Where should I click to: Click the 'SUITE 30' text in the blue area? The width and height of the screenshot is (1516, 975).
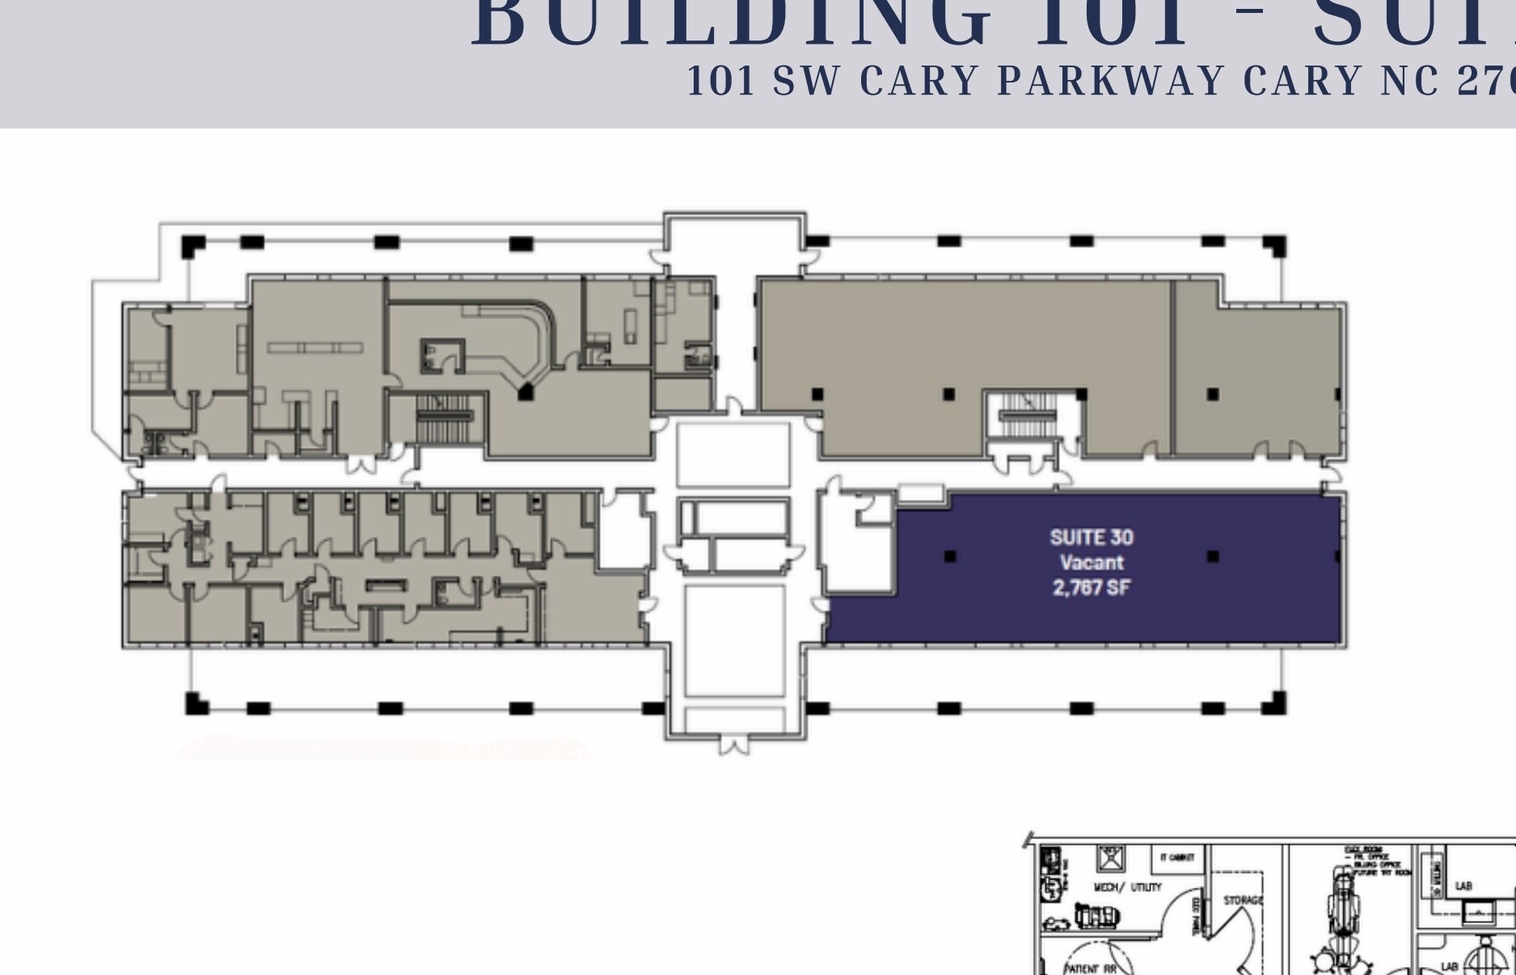[x=1091, y=538]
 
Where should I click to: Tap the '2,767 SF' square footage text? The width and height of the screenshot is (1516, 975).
[x=1091, y=588]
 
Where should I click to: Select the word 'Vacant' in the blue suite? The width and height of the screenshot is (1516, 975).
[x=1091, y=563]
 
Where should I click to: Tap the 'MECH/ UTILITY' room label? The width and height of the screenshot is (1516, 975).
[x=1127, y=888]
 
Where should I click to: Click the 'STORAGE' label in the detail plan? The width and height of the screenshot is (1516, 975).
[x=1243, y=901]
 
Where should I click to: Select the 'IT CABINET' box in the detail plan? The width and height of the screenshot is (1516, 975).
[x=1177, y=858]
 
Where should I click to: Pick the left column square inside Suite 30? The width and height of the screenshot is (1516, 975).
[x=950, y=556]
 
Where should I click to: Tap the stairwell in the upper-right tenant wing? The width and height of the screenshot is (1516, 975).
[x=1028, y=416]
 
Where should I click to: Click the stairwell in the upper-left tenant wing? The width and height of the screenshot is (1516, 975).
[x=444, y=418]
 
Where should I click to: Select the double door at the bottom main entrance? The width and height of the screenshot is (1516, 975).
[x=734, y=745]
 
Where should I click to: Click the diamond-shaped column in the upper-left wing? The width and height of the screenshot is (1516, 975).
[x=526, y=393]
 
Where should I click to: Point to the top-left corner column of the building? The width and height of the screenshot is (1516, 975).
[x=192, y=245]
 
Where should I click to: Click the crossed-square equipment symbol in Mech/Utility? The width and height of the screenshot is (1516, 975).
[x=1110, y=858]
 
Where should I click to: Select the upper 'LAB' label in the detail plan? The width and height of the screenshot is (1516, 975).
[x=1463, y=887]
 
